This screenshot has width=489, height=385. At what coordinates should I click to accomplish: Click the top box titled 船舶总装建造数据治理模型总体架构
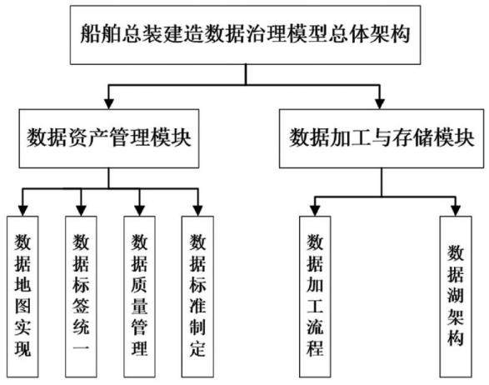(245, 35)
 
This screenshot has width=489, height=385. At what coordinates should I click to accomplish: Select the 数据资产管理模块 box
(109, 138)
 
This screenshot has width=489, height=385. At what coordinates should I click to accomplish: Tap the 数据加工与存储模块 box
(382, 138)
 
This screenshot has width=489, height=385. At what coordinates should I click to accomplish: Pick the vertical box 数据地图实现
(22, 297)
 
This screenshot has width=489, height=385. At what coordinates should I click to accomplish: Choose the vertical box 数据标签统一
(81, 297)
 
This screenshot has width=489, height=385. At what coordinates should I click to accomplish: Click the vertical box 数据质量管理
(139, 297)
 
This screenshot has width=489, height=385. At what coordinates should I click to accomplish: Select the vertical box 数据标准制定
(197, 297)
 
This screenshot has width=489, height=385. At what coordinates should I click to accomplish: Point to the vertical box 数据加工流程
(315, 297)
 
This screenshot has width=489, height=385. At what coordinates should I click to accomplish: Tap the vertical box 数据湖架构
(456, 297)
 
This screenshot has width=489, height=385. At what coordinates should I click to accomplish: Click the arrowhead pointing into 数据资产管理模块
(109, 104)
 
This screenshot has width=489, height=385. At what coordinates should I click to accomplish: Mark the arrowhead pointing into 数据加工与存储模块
(380, 104)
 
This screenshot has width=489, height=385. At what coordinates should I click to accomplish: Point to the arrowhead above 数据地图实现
(22, 211)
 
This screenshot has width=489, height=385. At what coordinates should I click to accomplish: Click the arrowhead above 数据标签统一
(81, 211)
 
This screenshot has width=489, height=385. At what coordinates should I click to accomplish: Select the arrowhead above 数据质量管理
(139, 211)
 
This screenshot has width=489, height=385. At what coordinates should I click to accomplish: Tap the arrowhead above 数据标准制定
(197, 211)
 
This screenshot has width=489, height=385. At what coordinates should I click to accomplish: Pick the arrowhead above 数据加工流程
(315, 211)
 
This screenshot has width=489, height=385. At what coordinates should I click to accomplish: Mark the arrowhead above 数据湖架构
(456, 211)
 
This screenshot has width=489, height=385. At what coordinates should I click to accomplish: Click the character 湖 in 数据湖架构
(456, 295)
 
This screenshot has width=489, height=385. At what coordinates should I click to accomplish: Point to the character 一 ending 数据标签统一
(81, 347)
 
